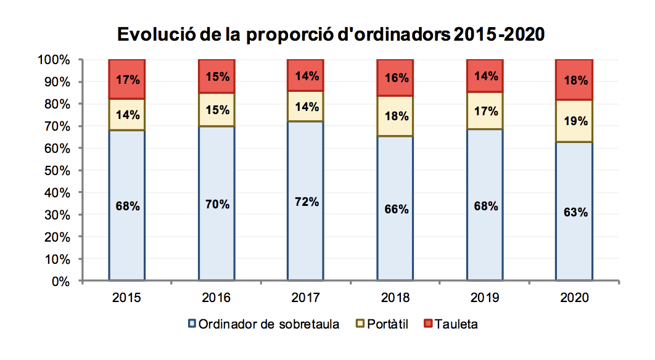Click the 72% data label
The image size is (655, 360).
coord(306,202)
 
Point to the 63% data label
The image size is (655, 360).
coord(575,212)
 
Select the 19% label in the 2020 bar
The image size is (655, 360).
coord(575,121)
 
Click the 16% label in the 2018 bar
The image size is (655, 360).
coord(395,78)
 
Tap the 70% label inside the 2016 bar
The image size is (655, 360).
coord(216,204)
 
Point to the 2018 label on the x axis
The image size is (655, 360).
coord(395,298)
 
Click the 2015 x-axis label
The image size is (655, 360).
coord(126,298)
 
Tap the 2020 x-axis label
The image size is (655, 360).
coord(575,298)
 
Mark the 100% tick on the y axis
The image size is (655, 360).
coord(55,60)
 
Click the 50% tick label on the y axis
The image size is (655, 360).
coord(57,171)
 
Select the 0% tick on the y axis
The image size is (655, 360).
coord(62,282)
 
